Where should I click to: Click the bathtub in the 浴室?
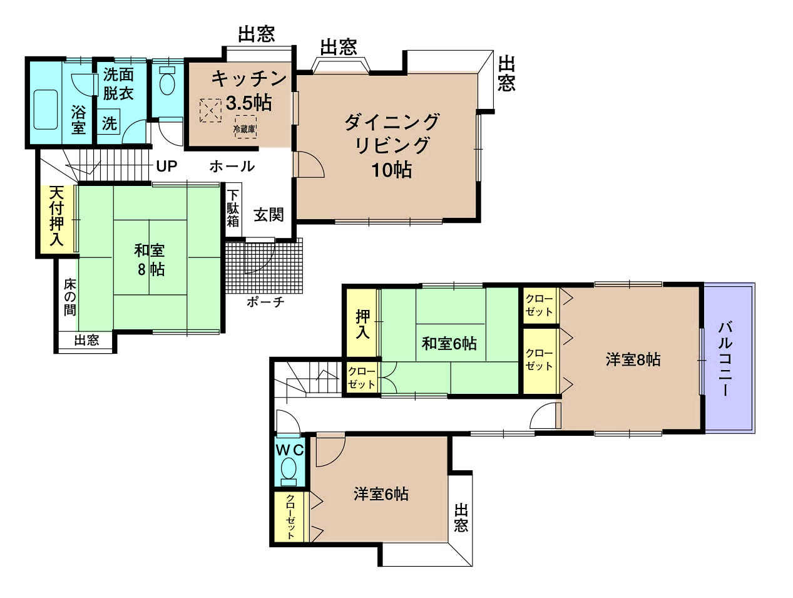tap(46, 110)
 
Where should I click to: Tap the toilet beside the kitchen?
tap(167, 80)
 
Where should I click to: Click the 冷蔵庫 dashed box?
tap(245, 126)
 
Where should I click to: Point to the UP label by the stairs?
tap(166, 166)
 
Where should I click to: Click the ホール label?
tap(232, 167)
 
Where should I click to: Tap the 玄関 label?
tap(269, 215)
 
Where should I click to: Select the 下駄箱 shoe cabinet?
tap(233, 210)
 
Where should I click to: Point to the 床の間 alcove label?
tap(69, 297)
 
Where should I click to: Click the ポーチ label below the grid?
tap(265, 301)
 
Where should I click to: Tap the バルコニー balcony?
tap(729, 358)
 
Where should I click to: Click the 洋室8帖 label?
tap(633, 359)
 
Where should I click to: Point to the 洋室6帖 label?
tap(381, 494)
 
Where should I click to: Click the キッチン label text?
tap(249, 78)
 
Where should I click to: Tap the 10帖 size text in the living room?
tap(392, 170)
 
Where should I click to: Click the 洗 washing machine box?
tap(109, 123)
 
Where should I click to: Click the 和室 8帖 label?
tap(150, 259)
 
